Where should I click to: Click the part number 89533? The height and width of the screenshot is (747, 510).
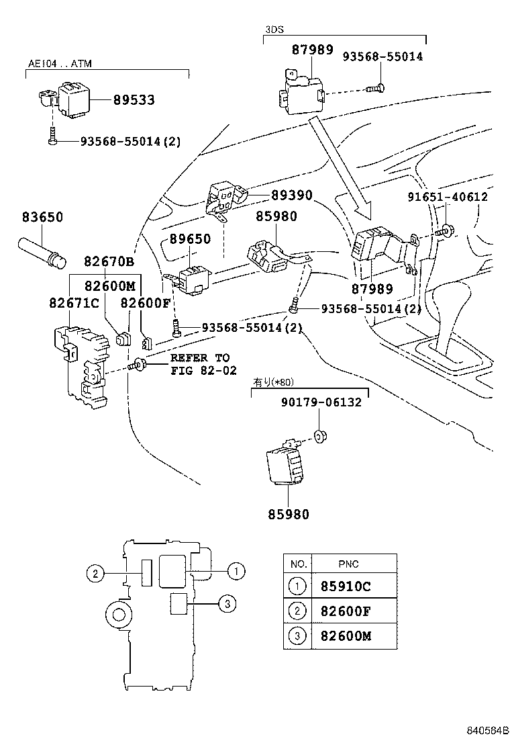point(134,100)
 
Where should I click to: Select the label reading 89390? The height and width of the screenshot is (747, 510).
point(292,195)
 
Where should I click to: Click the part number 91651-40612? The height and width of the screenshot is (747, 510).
point(448,197)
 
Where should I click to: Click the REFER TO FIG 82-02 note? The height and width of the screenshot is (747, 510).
point(199,364)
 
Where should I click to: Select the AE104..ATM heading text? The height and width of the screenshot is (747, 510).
point(60,64)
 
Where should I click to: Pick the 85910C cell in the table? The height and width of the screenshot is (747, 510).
point(341,586)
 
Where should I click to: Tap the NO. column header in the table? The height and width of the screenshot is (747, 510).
point(297,564)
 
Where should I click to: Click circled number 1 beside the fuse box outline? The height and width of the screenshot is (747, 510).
point(236,571)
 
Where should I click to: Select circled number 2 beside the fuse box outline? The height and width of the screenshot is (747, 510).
point(96,573)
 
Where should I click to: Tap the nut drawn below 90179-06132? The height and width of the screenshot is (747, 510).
point(321,437)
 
